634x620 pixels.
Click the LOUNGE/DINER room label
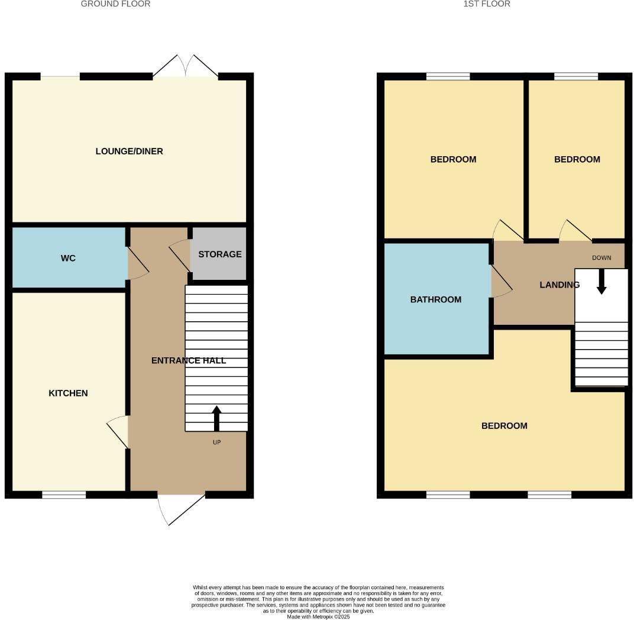(x=129, y=151)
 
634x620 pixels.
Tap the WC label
(x=68, y=259)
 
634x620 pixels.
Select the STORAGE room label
(x=219, y=254)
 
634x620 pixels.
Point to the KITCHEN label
(x=68, y=393)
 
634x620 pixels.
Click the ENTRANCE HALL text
(x=188, y=360)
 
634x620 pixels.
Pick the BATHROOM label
(x=435, y=300)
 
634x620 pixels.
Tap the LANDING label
(x=559, y=285)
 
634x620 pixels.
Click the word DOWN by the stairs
(x=601, y=258)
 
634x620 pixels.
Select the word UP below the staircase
(x=216, y=442)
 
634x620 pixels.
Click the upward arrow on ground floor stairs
(x=216, y=418)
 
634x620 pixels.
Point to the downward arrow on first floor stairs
(x=601, y=282)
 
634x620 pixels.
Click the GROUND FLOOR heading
(x=115, y=4)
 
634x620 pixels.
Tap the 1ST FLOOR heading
(x=487, y=4)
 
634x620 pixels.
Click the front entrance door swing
(x=174, y=509)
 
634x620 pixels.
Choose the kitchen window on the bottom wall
(x=64, y=495)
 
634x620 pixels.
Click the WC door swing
(x=138, y=264)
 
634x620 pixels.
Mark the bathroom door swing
(x=500, y=282)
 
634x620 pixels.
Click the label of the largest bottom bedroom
(x=504, y=426)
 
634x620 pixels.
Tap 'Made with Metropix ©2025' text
(x=318, y=616)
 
